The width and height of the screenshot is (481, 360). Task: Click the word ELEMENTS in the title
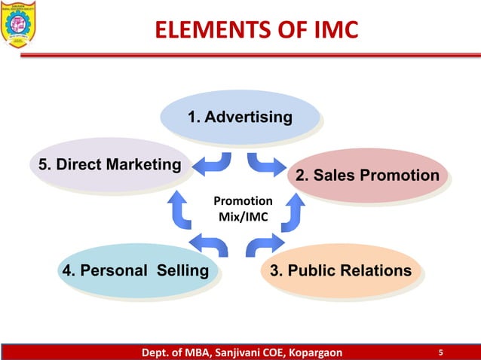[203, 29]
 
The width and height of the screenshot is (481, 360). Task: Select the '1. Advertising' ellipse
[240, 117]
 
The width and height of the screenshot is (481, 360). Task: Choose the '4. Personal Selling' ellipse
[133, 270]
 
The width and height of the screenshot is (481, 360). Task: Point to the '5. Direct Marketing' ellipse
[106, 165]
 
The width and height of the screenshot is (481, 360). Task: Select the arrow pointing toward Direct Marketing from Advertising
[214, 163]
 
